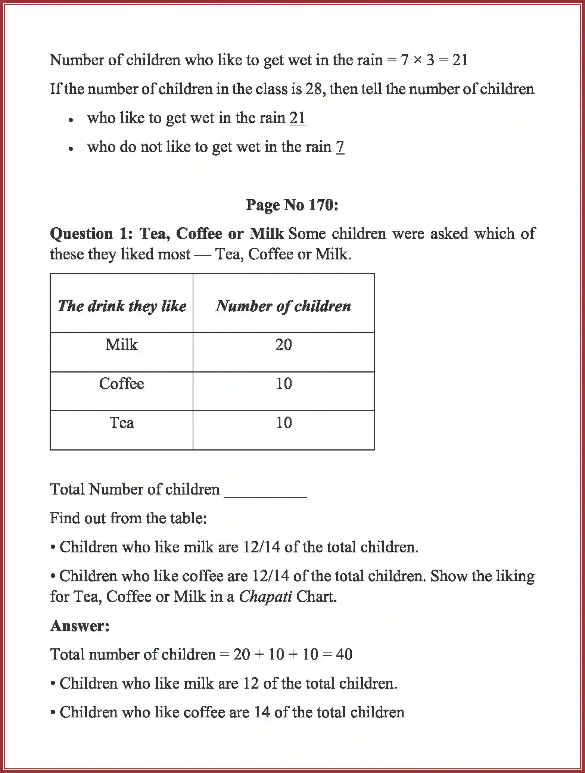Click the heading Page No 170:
(292, 205)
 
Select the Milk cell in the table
(121, 345)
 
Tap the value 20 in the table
(283, 345)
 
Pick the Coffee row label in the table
(121, 384)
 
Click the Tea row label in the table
(121, 423)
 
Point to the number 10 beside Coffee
(284, 384)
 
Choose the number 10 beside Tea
(284, 423)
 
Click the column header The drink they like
(122, 306)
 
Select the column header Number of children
(283, 306)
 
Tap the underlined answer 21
(298, 118)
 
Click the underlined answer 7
(340, 147)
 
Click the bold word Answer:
(80, 626)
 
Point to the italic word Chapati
(265, 596)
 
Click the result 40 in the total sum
(344, 654)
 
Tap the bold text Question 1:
(91, 234)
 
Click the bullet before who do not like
(71, 148)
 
